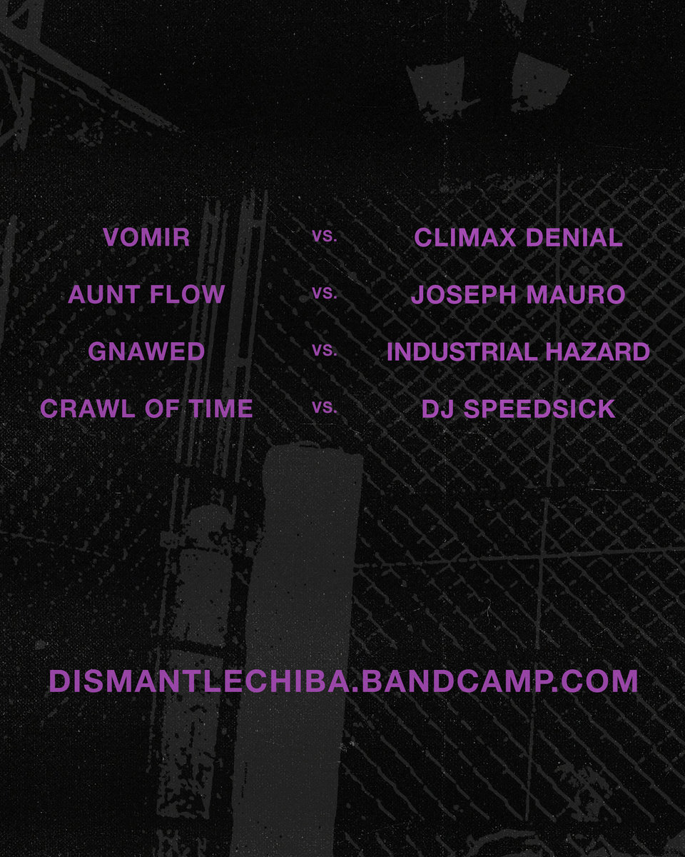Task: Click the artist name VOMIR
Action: point(146,238)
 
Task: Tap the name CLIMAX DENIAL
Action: point(518,238)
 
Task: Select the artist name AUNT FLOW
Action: point(146,294)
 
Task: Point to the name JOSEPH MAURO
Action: point(518,294)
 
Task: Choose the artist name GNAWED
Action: point(146,351)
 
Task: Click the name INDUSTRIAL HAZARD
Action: point(518,351)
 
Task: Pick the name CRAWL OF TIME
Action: point(146,409)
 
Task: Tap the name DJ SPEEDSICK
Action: point(518,409)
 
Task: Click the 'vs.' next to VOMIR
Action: point(325,236)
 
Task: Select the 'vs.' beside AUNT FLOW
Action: point(325,294)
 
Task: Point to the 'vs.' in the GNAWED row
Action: point(325,351)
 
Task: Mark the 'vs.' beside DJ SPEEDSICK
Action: point(325,408)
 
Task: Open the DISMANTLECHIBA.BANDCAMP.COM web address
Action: point(343,681)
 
